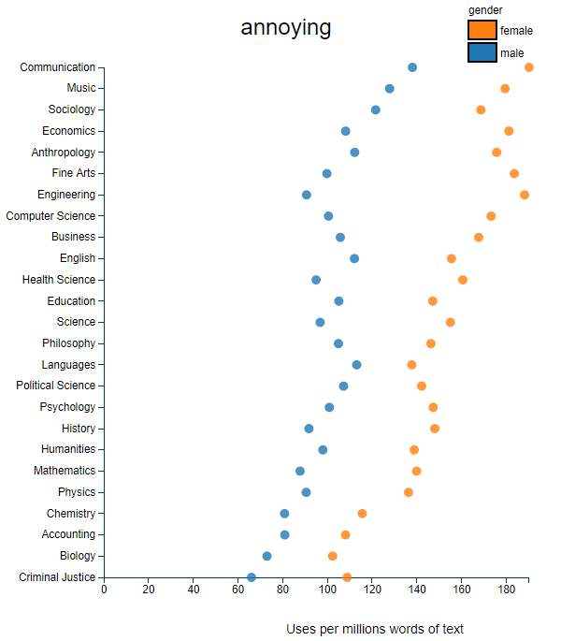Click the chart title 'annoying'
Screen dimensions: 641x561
point(286,28)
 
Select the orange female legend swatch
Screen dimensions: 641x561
point(482,31)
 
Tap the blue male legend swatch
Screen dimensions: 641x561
point(482,53)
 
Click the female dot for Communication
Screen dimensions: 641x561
point(529,67)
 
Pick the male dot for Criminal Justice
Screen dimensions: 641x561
point(252,577)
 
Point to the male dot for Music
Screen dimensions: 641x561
point(390,89)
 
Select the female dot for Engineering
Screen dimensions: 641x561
point(525,195)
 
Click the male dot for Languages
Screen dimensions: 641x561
point(356,365)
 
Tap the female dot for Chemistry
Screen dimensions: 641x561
point(362,514)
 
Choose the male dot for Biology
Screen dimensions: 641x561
point(267,556)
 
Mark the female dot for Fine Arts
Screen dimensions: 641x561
point(514,173)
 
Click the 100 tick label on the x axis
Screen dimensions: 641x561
point(327,590)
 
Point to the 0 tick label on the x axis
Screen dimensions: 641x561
point(104,590)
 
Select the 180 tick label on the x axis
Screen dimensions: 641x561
point(507,590)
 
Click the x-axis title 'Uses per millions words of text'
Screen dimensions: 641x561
point(375,629)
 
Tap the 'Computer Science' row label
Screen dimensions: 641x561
point(50,216)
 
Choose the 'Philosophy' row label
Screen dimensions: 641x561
point(68,343)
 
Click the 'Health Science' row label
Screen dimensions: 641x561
point(59,280)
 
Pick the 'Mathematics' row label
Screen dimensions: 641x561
point(65,471)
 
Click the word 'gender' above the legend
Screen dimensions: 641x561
point(485,9)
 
